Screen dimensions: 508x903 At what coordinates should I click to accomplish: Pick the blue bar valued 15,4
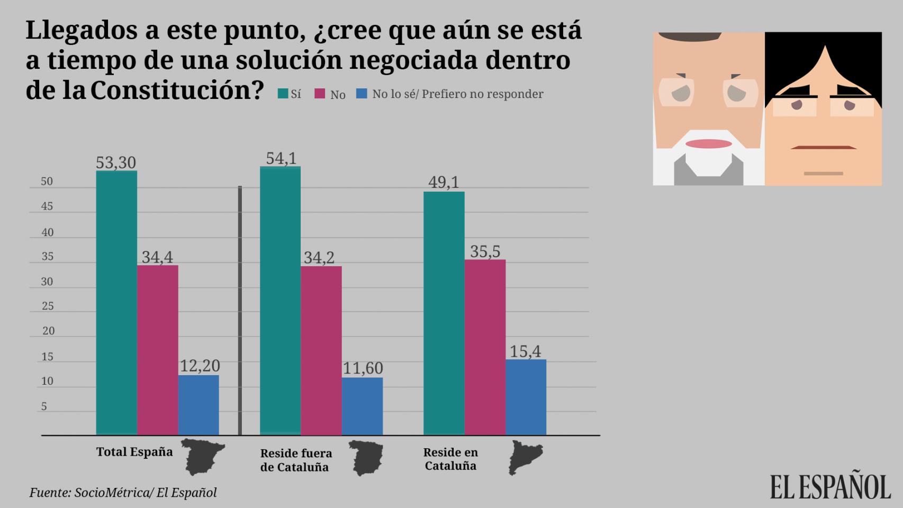[526, 397]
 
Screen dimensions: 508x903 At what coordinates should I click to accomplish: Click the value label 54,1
[281, 158]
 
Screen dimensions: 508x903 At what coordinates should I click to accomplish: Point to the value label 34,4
[157, 257]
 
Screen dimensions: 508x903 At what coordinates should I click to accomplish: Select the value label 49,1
[444, 182]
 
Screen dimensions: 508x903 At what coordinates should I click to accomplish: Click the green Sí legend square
[283, 94]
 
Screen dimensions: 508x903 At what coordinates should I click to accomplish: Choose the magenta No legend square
[320, 94]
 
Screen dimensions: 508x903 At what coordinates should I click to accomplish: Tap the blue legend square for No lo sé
[362, 94]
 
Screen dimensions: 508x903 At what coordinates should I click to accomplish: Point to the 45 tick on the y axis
[47, 206]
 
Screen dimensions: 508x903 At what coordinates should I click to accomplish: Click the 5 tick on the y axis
[44, 406]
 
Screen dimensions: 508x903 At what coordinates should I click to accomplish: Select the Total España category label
[134, 452]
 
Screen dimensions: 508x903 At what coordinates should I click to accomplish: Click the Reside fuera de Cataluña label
[296, 460]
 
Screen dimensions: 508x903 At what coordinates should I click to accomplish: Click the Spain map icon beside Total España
[203, 456]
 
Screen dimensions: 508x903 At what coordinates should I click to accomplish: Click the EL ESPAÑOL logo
[830, 486]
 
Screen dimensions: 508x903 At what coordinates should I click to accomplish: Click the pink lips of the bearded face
[708, 143]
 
